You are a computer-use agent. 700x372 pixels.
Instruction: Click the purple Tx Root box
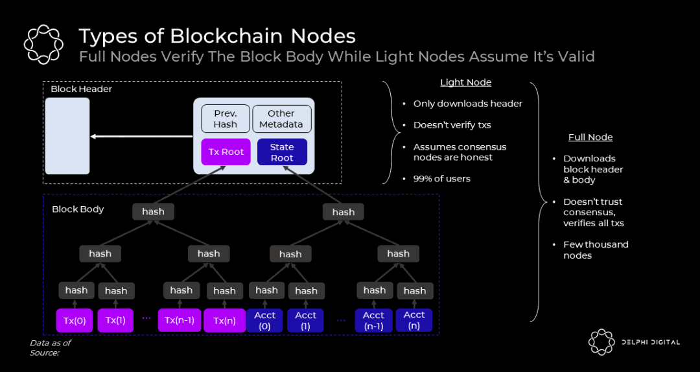tap(222, 152)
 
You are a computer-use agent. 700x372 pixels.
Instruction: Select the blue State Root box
tap(282, 152)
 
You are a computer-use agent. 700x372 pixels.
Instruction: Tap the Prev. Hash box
tap(225, 119)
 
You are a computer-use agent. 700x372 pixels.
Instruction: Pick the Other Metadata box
tap(281, 119)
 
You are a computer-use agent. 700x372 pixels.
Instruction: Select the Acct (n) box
tap(414, 320)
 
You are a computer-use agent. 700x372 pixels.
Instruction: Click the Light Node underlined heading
tap(465, 82)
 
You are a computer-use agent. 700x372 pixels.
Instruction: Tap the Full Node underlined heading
tap(590, 137)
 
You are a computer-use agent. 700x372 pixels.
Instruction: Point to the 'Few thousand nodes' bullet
tap(595, 250)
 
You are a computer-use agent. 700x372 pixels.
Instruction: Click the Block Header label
tap(81, 89)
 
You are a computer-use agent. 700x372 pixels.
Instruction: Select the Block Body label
tap(78, 209)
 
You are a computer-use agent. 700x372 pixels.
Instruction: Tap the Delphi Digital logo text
tap(649, 342)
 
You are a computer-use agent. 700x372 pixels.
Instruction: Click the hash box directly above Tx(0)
tap(76, 290)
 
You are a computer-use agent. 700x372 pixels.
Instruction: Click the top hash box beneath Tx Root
tap(153, 211)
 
